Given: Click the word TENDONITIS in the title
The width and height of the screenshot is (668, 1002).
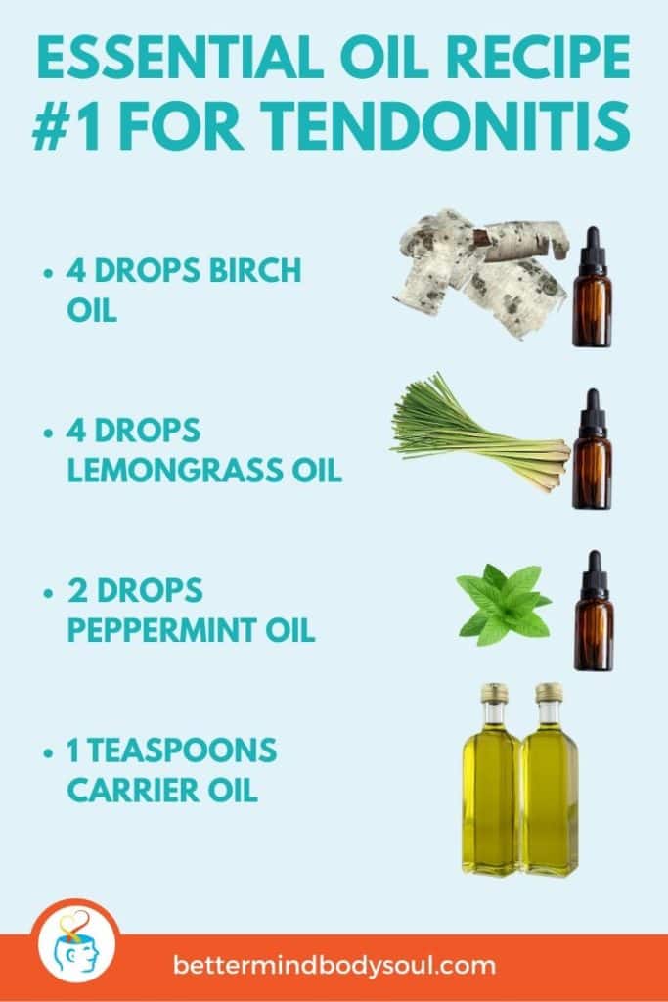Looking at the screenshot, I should pyautogui.click(x=459, y=126).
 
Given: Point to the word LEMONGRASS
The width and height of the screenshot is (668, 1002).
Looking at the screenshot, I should pyautogui.click(x=167, y=472).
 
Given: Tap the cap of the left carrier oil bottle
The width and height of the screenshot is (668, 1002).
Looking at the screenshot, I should pyautogui.click(x=493, y=694).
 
